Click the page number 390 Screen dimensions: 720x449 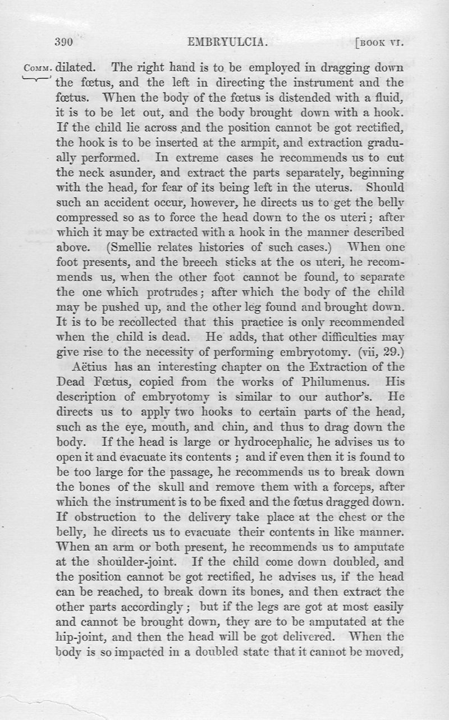tap(65, 41)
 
